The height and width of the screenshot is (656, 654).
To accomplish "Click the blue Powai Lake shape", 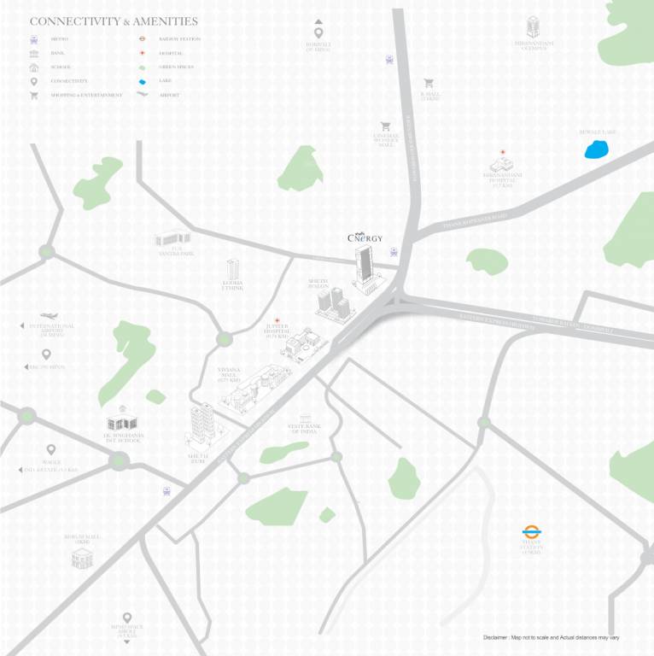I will pos(595,150).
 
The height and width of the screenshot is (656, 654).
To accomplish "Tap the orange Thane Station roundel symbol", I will pos(532,532).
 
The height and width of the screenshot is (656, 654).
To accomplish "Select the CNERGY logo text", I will pos(365,238).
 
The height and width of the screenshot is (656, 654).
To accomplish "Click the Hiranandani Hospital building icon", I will pos(501,163).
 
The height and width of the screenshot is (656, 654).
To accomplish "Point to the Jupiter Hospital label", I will pos(276,332).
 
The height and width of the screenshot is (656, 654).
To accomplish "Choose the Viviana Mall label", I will pos(230,374).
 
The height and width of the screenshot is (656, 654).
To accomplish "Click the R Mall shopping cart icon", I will pos(429,84).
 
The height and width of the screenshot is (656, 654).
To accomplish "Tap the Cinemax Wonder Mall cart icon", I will pos(386,126).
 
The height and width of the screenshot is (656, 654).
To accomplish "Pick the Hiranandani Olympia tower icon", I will pos(534,27).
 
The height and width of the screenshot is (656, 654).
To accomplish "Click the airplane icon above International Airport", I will pos(49,316).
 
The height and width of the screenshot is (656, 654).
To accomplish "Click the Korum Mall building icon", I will pos(82,559).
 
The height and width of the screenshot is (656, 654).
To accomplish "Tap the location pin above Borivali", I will pos(318,32).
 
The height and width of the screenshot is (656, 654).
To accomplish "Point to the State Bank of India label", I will pos(302,429).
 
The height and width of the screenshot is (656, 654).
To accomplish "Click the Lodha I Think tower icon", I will pos(232,268).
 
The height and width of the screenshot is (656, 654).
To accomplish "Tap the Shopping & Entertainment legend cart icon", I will pos(34,95).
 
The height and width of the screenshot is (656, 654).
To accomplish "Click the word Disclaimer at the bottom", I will pos(497,638).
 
